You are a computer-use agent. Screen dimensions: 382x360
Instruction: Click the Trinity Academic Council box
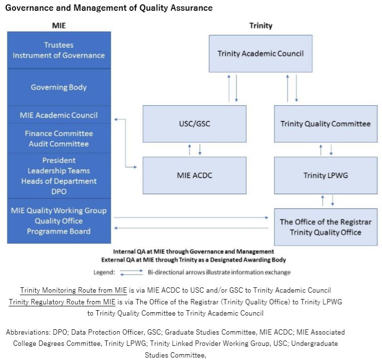pos(261,54)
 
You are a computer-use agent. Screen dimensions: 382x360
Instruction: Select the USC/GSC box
pos(194,124)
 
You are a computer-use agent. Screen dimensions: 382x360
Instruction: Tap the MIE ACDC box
pos(194,176)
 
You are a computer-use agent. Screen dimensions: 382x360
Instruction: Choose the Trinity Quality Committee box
pos(325,124)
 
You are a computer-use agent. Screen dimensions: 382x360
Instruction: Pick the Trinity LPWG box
pos(325,176)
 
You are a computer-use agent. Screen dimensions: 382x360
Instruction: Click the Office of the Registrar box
pos(325,227)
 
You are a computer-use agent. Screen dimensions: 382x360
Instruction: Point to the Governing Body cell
pos(59,87)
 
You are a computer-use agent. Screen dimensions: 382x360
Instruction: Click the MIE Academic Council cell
pos(59,115)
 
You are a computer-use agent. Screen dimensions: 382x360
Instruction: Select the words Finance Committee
pos(59,134)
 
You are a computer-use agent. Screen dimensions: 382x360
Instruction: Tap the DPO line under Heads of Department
pos(59,191)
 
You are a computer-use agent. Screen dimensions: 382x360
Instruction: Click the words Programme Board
pos(58,231)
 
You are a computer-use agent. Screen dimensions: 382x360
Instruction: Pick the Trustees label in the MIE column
pos(58,45)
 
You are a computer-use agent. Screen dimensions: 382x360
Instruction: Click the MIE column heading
pos(59,25)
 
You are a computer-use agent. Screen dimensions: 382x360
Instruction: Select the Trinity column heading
pos(261,25)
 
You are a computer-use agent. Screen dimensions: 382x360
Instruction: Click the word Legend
pos(104,272)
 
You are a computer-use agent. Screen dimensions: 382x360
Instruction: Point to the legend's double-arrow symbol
pos(132,272)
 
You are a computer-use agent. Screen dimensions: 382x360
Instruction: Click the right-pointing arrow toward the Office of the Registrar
pos(191,218)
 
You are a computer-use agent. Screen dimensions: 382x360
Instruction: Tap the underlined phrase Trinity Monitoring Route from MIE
pos(74,290)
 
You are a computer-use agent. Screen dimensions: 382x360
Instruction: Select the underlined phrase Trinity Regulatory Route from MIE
pos(62,302)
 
